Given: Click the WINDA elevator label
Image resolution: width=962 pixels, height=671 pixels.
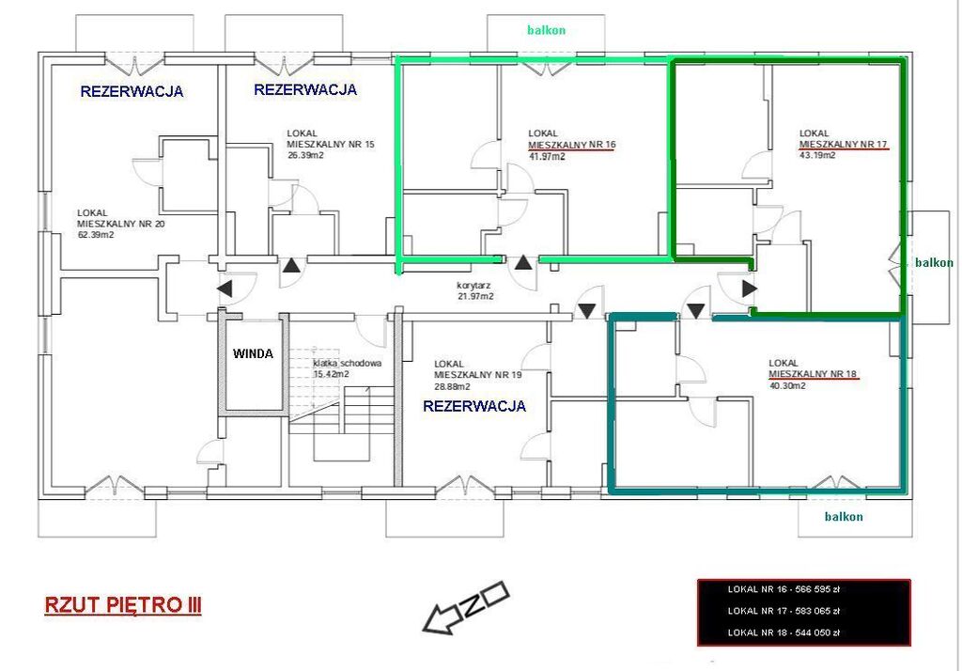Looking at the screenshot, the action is (253, 353).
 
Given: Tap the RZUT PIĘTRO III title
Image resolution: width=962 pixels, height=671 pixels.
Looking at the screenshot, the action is (123, 605).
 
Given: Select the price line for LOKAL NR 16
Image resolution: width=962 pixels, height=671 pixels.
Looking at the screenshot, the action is (783, 589).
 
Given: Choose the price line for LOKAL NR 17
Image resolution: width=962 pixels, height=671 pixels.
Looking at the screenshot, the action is (784, 611).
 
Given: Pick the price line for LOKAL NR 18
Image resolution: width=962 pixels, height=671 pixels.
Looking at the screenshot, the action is (784, 632).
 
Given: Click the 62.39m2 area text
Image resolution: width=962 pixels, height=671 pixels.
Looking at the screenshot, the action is (95, 235).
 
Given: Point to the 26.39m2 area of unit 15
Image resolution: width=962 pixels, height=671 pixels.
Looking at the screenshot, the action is (305, 155).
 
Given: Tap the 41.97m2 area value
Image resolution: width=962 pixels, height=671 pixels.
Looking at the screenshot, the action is (547, 156).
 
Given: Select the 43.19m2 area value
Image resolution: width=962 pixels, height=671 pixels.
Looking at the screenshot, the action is (817, 155).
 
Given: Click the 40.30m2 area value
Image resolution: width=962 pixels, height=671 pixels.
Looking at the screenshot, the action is (787, 385).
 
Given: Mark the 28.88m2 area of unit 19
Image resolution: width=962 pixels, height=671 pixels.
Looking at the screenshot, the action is (452, 386).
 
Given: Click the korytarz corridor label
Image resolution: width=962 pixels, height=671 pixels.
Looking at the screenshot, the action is (473, 286).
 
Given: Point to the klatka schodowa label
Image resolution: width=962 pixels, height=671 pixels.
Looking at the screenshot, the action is (348, 363).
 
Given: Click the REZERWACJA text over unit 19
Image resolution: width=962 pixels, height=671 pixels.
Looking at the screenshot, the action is (474, 406).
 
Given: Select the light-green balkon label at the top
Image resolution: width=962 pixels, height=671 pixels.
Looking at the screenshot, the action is (546, 29).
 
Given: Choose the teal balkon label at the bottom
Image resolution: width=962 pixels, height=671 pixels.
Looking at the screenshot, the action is (844, 516).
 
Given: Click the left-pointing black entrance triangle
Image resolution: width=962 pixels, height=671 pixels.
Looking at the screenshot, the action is (225, 289).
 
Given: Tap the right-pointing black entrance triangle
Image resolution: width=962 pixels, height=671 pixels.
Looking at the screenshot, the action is (750, 289).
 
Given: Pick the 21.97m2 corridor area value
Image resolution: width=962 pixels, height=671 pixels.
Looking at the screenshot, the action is (475, 297).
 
